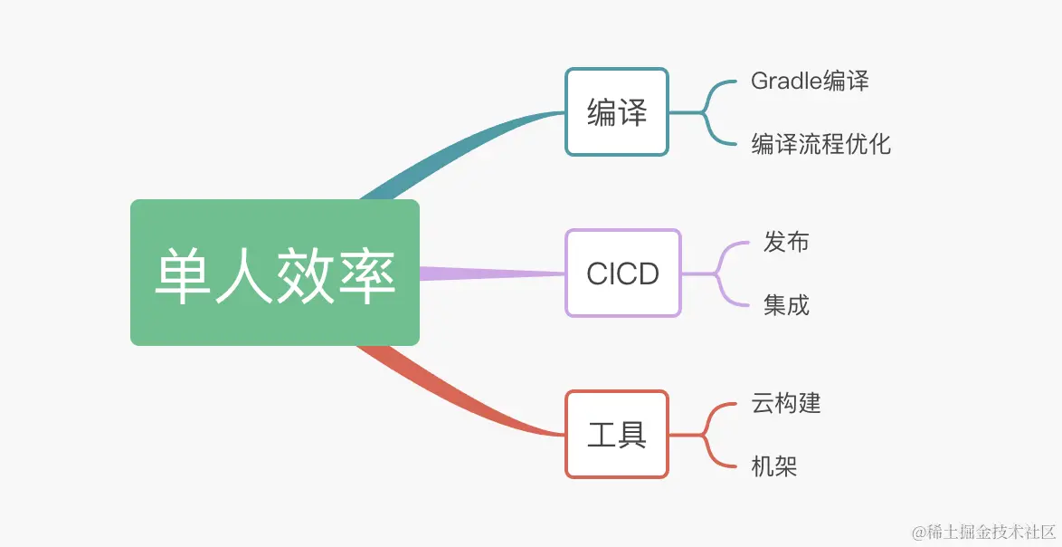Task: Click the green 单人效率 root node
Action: pos(274,272)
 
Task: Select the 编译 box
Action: pos(616,112)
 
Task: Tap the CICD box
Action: pos(622,273)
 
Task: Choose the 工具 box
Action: pos(616,434)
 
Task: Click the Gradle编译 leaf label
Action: pos(810,81)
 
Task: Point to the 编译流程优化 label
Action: pos(820,144)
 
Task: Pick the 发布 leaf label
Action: pos(785,242)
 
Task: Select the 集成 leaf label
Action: pos(785,305)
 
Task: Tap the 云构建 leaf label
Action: pos(785,402)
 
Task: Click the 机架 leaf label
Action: pos(773,466)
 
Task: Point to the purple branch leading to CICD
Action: pos(493,273)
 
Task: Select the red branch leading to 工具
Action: pos(461,398)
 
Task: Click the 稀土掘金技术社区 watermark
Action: pos(982,531)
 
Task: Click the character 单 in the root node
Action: pos(183,273)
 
